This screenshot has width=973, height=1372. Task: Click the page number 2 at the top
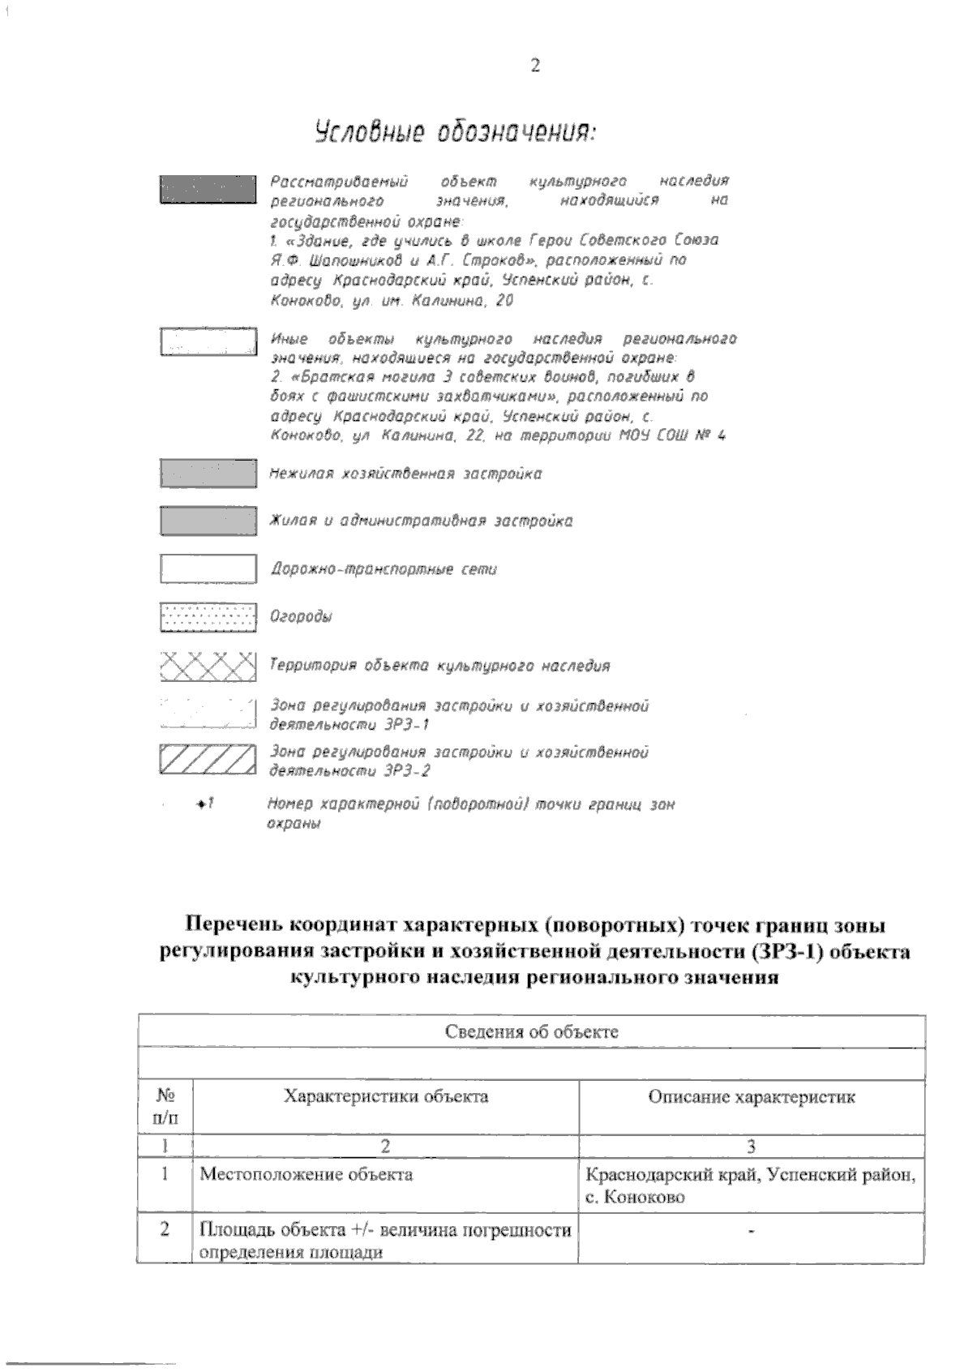click(534, 66)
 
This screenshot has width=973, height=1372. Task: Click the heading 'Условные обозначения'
click(455, 132)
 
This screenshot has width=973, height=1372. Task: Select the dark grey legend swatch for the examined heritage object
click(208, 191)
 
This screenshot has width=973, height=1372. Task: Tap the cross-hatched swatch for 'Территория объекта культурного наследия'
click(208, 666)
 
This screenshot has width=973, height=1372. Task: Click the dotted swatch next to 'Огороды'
click(208, 617)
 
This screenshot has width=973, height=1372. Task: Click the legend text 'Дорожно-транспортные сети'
click(384, 569)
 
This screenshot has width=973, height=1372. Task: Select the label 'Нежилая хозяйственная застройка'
click(405, 474)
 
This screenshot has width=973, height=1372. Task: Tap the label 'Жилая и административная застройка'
click(421, 521)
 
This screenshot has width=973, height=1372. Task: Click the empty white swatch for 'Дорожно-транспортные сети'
click(208, 569)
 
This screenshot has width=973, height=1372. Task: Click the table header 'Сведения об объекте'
click(532, 1031)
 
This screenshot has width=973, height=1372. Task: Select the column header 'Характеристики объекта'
click(386, 1097)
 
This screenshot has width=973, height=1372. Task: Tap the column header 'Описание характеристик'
click(752, 1098)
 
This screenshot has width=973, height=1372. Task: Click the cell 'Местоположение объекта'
click(306, 1173)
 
